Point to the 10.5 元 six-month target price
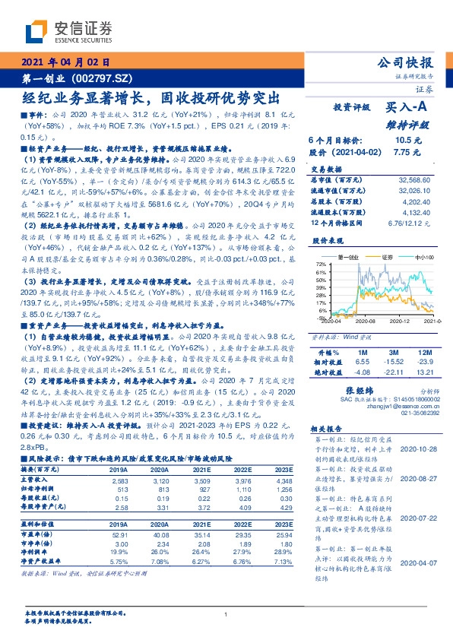point(403,140)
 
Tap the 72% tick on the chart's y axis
point(322,264)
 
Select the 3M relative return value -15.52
point(393,363)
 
